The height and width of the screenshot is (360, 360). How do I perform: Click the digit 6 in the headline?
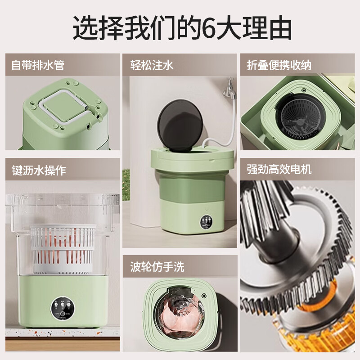[211, 29]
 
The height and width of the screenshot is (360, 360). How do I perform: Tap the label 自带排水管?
[38, 65]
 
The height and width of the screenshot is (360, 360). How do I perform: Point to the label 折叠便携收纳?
[279, 65]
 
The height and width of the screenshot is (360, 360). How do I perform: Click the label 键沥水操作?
[39, 171]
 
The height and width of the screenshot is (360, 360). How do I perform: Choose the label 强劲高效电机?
[279, 170]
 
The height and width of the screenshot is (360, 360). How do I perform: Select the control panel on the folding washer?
[207, 224]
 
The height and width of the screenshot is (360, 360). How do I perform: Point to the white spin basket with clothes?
[63, 245]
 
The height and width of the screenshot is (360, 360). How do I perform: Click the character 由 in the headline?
[276, 29]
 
